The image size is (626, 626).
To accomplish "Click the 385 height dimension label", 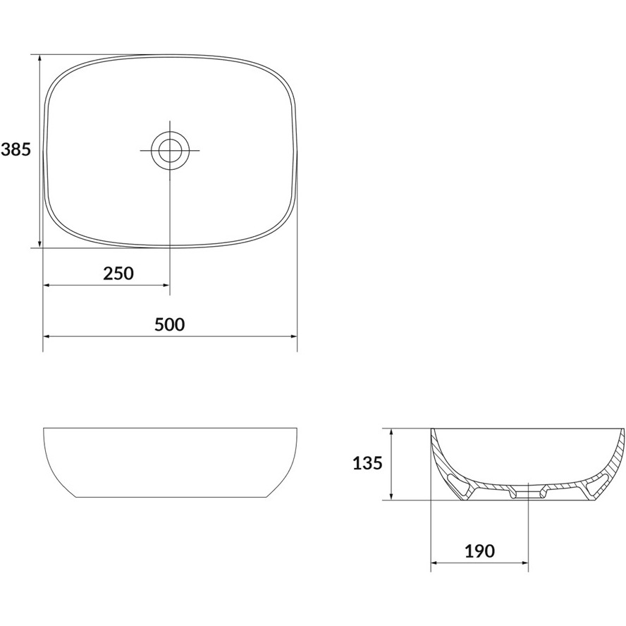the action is pyautogui.click(x=16, y=149).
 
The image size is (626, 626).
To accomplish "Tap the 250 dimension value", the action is pyautogui.click(x=118, y=274).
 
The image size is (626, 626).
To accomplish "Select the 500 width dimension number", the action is pyautogui.click(x=170, y=324).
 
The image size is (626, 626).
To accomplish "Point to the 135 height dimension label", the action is pyautogui.click(x=368, y=463).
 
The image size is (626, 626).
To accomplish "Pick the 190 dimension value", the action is pyautogui.click(x=479, y=551).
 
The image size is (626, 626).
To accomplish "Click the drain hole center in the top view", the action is pyautogui.click(x=170, y=151).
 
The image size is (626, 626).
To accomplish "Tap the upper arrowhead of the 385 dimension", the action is pyautogui.click(x=39, y=58).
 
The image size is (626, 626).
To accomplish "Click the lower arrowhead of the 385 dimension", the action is pyautogui.click(x=39, y=244).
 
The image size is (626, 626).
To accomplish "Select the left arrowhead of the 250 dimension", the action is pyautogui.click(x=47, y=285).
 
